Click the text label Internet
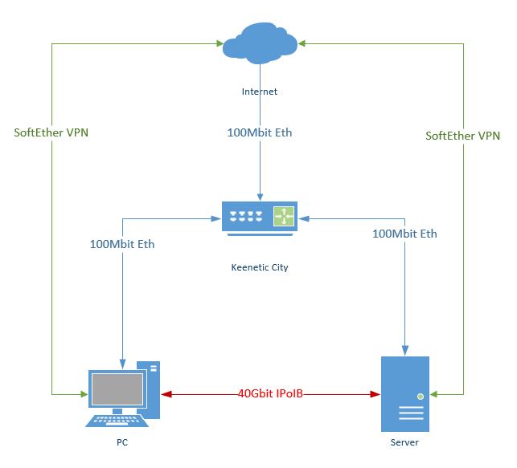point(259,92)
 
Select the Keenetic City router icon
point(259,218)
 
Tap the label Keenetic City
point(259,267)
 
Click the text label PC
point(121,442)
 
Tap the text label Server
point(404,442)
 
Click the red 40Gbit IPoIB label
point(271,394)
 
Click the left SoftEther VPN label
point(51,132)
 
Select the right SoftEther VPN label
point(462,136)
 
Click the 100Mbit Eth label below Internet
point(259,132)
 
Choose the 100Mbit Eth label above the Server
point(404,234)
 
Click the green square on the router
point(284,216)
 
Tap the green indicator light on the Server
point(419,395)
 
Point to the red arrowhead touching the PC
point(166,394)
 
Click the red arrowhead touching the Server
point(375,394)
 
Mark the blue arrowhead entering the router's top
point(259,197)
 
